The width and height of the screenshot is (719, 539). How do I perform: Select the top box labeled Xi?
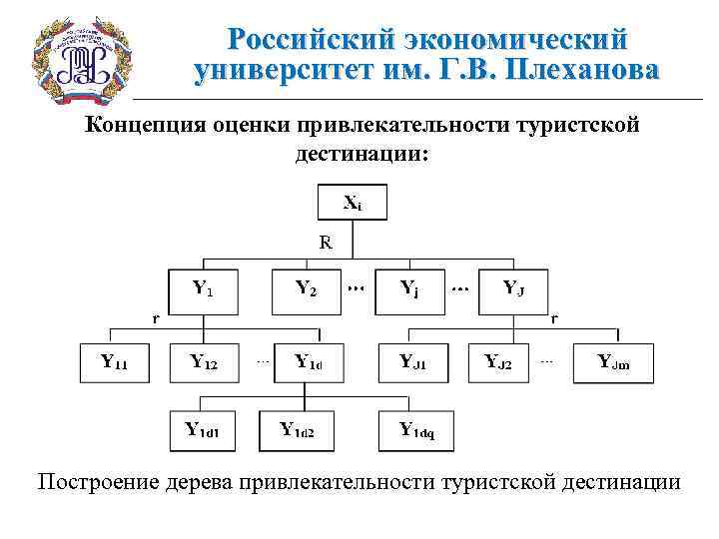tap(353, 203)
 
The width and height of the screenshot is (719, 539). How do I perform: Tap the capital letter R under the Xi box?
tap(326, 241)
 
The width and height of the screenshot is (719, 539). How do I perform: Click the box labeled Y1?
tap(203, 289)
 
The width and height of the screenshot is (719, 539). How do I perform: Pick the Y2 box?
tap(307, 289)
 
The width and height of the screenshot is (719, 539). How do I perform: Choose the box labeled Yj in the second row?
tap(409, 289)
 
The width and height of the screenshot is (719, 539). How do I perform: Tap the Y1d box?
tap(309, 362)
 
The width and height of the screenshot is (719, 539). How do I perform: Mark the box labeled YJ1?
tap(412, 362)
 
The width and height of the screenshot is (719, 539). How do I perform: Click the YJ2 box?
tap(499, 362)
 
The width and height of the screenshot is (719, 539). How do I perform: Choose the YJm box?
tap(614, 362)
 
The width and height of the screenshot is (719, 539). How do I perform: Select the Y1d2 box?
tap(298, 430)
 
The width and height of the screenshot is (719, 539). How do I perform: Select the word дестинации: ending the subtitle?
tap(361, 154)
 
